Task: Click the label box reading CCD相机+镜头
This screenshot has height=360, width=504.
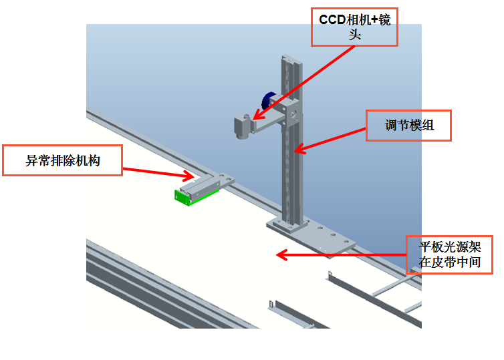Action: (x=354, y=27)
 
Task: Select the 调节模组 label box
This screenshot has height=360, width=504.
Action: (x=409, y=125)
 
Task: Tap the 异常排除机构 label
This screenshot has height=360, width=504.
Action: (x=63, y=160)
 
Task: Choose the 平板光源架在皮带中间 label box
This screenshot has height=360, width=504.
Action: (x=449, y=254)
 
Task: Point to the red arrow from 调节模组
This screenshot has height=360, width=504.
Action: (x=330, y=139)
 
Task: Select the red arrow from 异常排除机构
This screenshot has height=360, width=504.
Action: (x=158, y=172)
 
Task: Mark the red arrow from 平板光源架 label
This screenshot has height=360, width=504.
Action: (x=341, y=254)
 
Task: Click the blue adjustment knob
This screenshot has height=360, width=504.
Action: (x=268, y=100)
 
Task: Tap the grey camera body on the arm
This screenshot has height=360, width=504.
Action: (x=241, y=126)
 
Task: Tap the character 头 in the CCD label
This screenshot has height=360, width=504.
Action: (x=354, y=35)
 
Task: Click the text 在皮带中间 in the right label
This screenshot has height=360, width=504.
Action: (x=449, y=262)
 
